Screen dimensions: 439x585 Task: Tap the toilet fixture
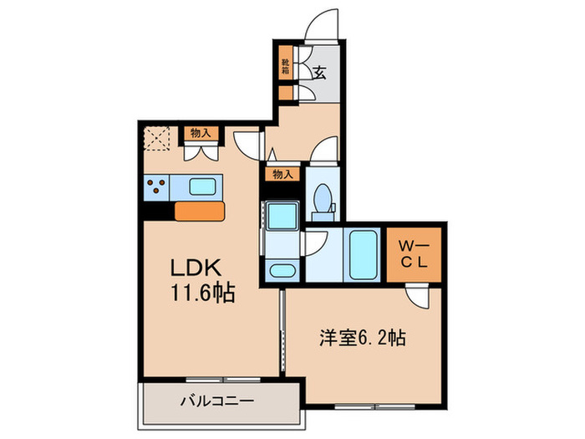[x=322, y=197]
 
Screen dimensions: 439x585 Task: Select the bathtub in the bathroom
[x=363, y=253]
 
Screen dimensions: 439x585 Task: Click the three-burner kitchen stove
[x=155, y=186]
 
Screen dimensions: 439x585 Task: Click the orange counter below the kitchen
[x=201, y=212]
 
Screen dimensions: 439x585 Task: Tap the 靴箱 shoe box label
[x=286, y=68]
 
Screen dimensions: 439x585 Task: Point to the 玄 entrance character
[x=319, y=72]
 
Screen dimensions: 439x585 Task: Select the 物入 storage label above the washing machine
[x=282, y=175]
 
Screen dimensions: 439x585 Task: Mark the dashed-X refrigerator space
[x=156, y=137]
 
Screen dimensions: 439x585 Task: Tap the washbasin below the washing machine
[x=282, y=269]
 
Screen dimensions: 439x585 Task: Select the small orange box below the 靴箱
[x=286, y=94]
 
